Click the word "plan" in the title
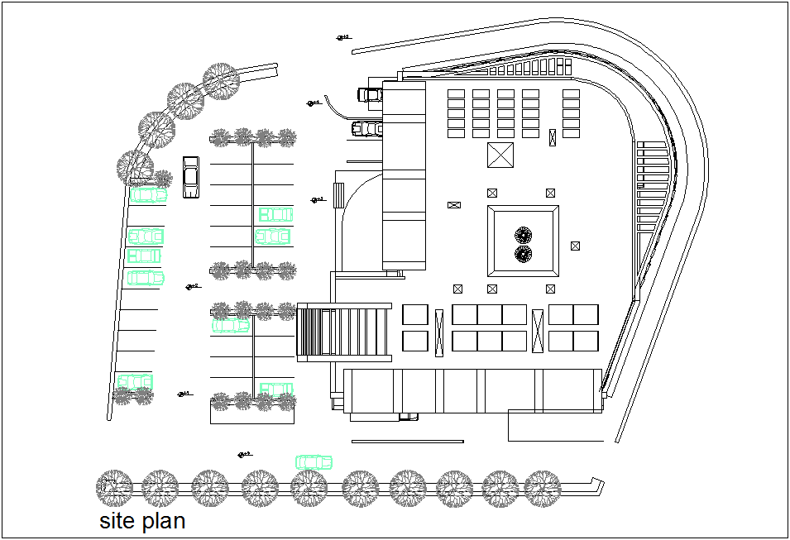pos(163,523)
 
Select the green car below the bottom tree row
pos(314,461)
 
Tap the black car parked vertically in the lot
pos(191,177)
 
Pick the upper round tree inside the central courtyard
pos(523,236)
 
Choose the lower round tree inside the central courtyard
pos(523,254)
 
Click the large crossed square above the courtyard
pos(500,155)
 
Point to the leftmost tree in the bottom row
pos(114,488)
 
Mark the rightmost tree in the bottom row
pos(543,488)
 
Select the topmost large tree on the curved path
pos(222,82)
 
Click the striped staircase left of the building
pos(344,331)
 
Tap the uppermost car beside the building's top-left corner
pos(370,94)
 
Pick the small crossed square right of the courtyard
pos(576,246)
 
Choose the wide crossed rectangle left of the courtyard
pos(453,205)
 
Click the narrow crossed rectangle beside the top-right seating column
pos(553,138)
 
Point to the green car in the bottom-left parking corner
pos(135,381)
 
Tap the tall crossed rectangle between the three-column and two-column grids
pos(538,332)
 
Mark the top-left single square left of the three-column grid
pos(415,314)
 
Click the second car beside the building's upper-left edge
pos(366,128)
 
